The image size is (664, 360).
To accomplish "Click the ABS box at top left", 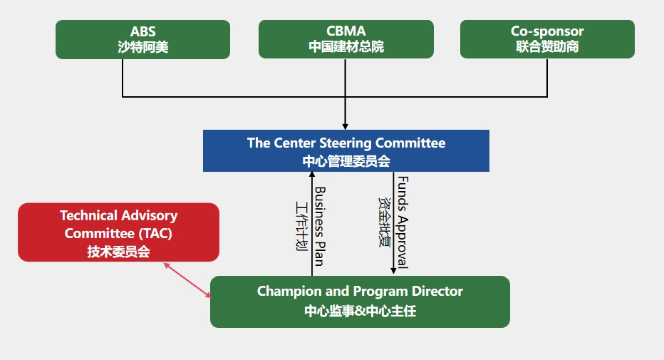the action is coord(142,39).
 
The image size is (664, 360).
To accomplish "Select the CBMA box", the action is coord(346,39).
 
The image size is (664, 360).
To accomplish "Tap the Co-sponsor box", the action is coord(547,39).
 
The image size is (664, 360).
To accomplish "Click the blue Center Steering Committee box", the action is coord(346,151).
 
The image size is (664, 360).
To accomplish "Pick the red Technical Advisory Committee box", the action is coord(118,232).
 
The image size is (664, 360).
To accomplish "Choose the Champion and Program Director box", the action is coord(360,302).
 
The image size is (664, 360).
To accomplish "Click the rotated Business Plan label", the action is coord(320,227).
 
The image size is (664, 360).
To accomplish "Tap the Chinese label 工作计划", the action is coord(301,226).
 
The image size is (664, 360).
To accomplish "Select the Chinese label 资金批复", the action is coord(384,222).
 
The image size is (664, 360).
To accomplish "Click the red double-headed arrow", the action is coord(187,280).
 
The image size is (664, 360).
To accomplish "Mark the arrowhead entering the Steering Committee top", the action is coord(345,127).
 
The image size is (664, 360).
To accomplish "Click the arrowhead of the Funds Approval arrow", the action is coord(393,271).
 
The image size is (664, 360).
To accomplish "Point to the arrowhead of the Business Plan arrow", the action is coord(312,175).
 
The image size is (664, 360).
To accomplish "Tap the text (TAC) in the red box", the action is coord(155,233).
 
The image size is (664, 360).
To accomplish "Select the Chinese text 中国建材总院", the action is coord(346,46).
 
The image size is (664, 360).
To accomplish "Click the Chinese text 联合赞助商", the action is coord(547,46).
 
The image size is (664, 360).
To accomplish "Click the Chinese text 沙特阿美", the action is coord(142,47).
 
